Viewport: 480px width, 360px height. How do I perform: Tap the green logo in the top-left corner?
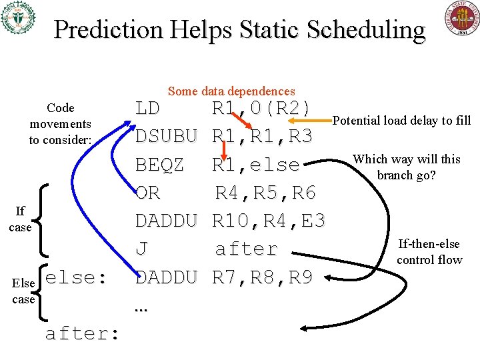click(18, 18)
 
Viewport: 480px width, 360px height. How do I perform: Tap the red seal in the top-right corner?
click(461, 18)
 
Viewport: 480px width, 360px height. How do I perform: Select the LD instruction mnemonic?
click(148, 109)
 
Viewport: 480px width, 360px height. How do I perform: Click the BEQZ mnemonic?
click(160, 165)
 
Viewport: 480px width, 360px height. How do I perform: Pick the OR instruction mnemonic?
click(147, 193)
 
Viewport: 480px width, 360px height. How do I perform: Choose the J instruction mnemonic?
click(141, 249)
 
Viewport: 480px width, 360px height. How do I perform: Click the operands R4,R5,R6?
click(265, 193)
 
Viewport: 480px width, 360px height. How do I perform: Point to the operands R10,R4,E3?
click(268, 221)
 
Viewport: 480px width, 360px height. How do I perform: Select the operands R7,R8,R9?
click(262, 277)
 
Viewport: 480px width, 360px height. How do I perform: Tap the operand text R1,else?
click(255, 165)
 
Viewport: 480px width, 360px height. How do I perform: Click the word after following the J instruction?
click(246, 249)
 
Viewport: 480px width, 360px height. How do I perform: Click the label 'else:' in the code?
click(77, 277)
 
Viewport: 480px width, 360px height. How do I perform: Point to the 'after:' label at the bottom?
click(82, 333)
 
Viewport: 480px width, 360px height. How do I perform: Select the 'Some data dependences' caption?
click(231, 91)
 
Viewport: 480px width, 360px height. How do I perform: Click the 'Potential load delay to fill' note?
click(401, 121)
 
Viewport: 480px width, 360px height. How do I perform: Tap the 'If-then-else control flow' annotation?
click(429, 252)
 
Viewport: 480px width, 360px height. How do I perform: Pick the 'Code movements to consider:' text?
click(60, 124)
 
